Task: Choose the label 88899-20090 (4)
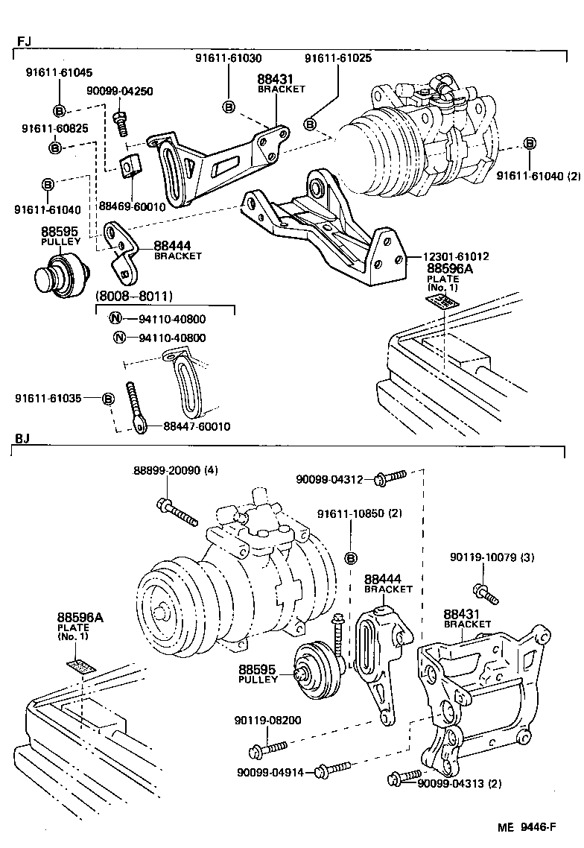176,470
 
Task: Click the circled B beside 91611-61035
108,399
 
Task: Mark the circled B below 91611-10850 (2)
352,558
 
